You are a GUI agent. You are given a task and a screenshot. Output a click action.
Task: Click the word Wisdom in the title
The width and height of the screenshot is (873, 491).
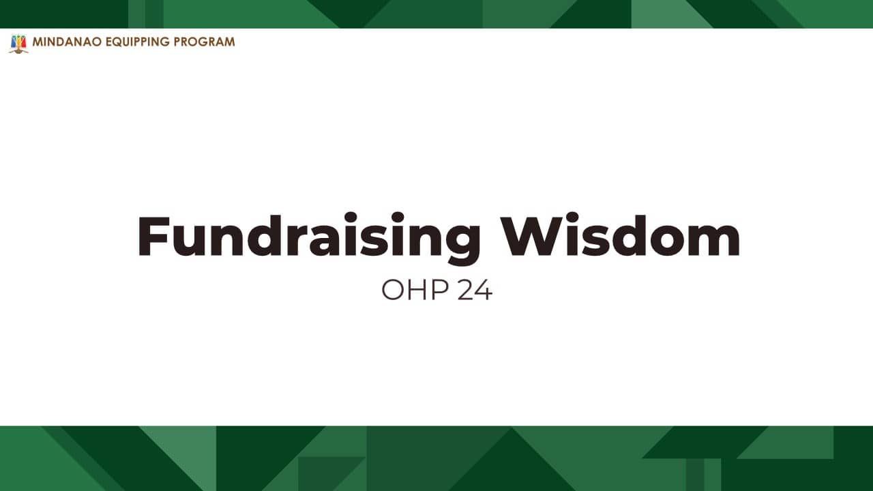click(x=621, y=235)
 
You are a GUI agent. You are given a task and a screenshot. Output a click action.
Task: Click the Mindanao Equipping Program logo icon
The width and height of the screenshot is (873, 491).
click(x=18, y=44)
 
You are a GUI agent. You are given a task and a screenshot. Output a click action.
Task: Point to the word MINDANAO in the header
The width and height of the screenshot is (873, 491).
click(x=67, y=42)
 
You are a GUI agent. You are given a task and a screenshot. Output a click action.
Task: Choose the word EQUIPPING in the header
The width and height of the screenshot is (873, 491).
click(x=138, y=42)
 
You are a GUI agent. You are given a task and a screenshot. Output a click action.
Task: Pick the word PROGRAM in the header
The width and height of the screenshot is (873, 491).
click(x=204, y=42)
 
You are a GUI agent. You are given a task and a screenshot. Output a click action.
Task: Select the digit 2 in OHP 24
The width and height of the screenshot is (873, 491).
click(x=464, y=290)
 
